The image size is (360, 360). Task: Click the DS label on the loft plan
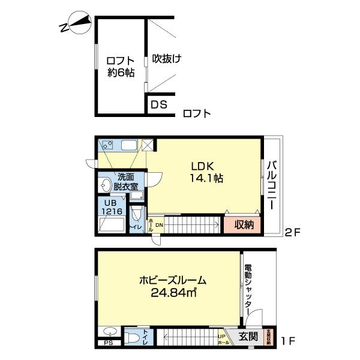[x=158, y=105]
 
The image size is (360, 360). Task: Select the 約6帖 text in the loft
[x=121, y=73]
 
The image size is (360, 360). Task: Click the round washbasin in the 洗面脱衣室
[x=107, y=184]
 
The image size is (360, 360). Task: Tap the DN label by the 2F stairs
[x=159, y=225]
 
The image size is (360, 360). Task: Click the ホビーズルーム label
[x=173, y=280]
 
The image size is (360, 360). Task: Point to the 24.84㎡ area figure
[x=175, y=293]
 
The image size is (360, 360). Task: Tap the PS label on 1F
[x=108, y=344]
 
